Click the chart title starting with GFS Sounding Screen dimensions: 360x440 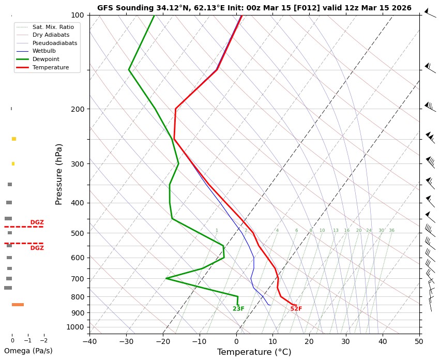[x=254, y=8]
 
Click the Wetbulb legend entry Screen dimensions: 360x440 [x=44, y=51]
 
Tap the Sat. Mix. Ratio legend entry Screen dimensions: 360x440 [x=53, y=26]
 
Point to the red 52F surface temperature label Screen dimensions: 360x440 [x=296, y=309]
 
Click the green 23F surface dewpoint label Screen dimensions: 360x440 [x=238, y=309]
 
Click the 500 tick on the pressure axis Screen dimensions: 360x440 [x=77, y=233]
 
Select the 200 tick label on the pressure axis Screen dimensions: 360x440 [x=77, y=109]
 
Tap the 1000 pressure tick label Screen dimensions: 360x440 [x=75, y=327]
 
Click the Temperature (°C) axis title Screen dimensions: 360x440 [x=254, y=352]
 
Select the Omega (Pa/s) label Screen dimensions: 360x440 [x=28, y=351]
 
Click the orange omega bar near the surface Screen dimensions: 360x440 [x=18, y=305]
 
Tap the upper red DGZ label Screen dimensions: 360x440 [x=37, y=222]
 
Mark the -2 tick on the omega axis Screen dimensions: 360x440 [x=43, y=341]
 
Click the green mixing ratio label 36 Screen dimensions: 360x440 [x=391, y=231]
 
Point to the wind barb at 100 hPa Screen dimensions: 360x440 [x=429, y=13]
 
